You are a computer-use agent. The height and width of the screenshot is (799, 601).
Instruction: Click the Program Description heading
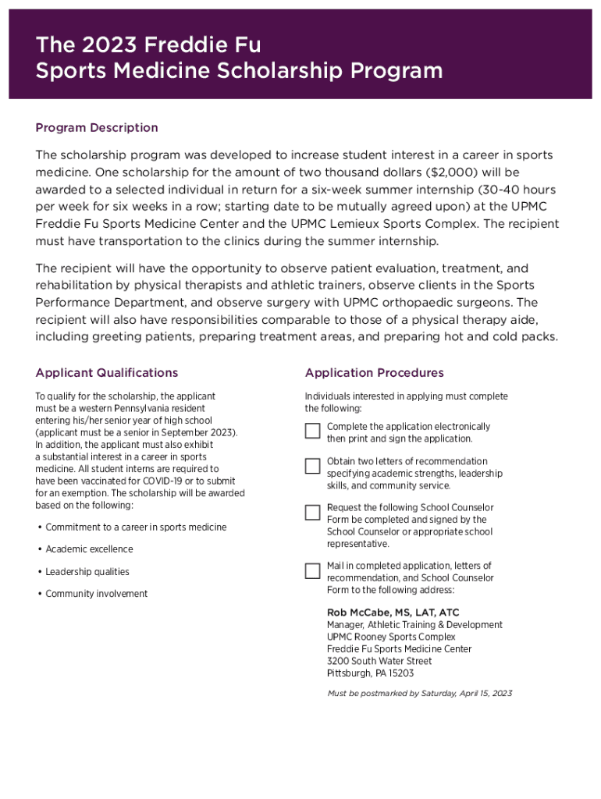(x=97, y=128)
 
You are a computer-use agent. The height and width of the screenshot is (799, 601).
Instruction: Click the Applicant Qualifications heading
(x=107, y=373)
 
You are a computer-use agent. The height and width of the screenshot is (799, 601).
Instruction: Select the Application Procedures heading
(x=374, y=373)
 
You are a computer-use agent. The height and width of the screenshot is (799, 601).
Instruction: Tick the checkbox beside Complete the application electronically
(x=312, y=431)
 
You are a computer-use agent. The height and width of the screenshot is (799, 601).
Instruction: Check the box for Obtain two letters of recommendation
(x=312, y=466)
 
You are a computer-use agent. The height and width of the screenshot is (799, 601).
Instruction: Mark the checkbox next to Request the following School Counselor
(x=312, y=513)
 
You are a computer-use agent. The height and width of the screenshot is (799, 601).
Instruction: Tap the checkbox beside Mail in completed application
(x=312, y=570)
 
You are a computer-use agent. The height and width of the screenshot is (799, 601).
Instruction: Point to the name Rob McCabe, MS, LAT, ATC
(x=393, y=613)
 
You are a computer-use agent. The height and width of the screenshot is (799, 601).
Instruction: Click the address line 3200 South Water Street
(x=379, y=661)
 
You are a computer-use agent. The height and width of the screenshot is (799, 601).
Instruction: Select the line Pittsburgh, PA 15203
(x=370, y=673)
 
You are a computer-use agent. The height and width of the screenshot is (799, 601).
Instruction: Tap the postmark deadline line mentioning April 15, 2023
(x=420, y=693)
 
